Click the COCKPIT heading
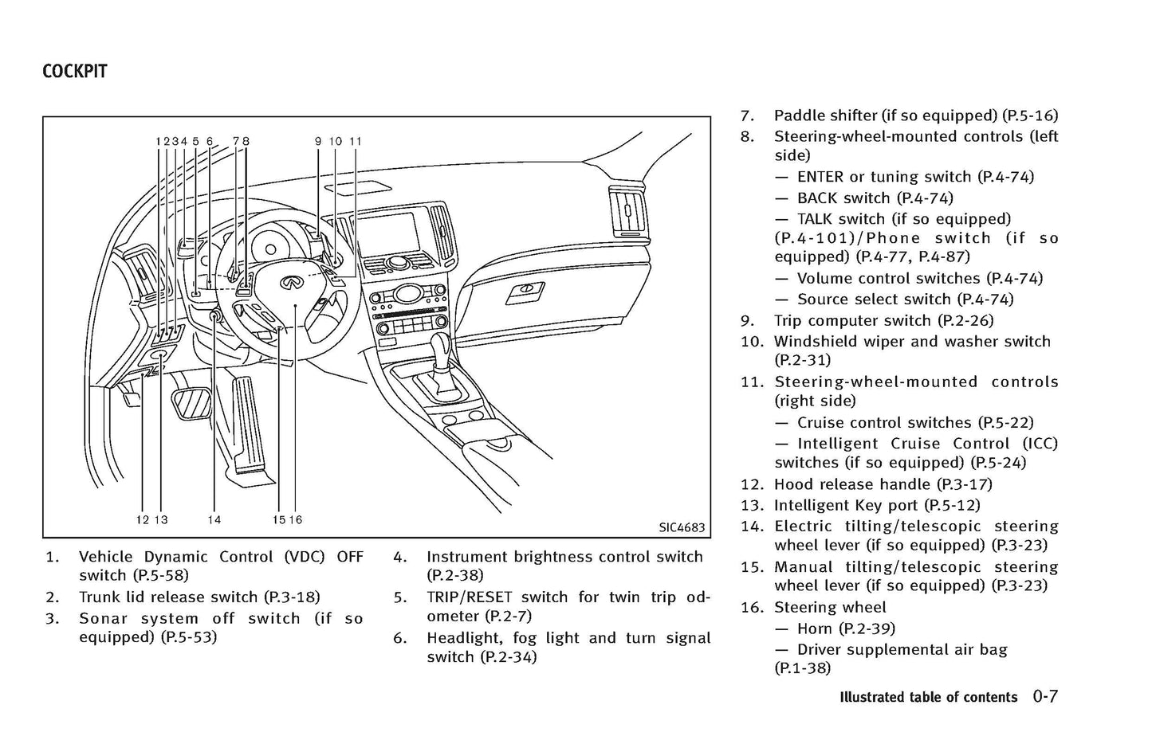(x=74, y=72)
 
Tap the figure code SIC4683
(x=682, y=527)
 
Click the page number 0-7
(x=1045, y=696)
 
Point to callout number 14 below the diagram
(x=214, y=520)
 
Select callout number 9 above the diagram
(x=317, y=141)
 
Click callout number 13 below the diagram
(x=161, y=520)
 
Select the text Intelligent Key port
(x=847, y=505)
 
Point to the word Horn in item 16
(x=815, y=628)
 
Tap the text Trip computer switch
(x=852, y=320)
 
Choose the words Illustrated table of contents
(x=928, y=697)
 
